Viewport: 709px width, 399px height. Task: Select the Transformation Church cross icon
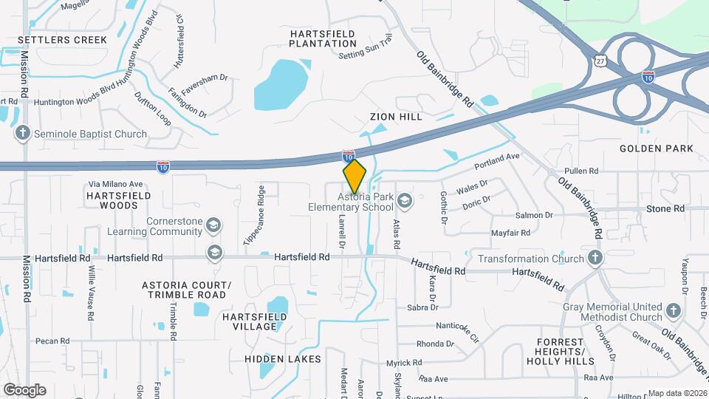596,259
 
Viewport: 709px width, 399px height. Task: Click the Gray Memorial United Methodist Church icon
673,310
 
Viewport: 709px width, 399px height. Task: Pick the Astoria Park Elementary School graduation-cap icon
404,200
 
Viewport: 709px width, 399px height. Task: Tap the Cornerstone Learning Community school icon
213,225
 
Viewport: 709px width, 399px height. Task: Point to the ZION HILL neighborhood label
396,117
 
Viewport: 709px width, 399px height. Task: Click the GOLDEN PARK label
657,149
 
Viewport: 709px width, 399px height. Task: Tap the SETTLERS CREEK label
62,39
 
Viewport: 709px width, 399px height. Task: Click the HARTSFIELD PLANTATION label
323,38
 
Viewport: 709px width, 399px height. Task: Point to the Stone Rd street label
665,209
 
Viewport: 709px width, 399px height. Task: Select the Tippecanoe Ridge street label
255,215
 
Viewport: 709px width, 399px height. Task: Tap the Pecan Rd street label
52,341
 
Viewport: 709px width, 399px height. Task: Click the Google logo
24,389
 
